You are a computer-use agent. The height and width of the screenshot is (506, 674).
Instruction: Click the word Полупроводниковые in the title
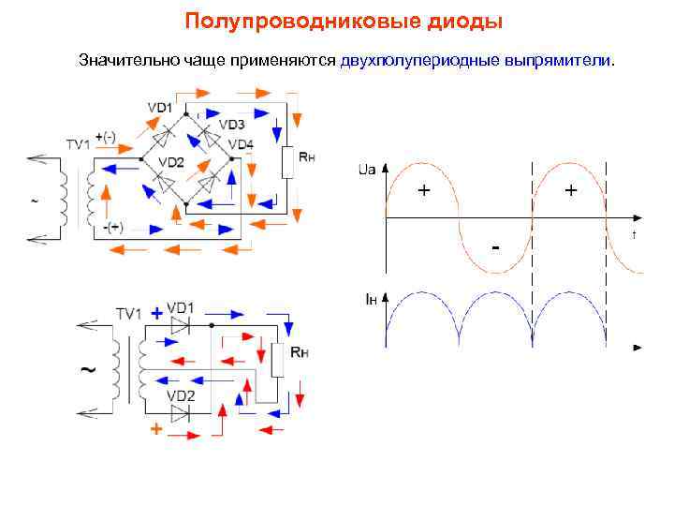click(x=274, y=21)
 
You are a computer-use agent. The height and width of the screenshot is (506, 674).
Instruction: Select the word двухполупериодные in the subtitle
click(x=420, y=61)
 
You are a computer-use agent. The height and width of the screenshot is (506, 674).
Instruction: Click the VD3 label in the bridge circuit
click(x=231, y=125)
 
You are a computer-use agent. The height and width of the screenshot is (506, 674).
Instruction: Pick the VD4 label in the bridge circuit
click(x=241, y=144)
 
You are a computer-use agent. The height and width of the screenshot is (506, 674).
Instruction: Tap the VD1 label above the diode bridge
click(x=160, y=108)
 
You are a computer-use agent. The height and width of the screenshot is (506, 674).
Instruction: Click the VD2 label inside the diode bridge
click(x=171, y=162)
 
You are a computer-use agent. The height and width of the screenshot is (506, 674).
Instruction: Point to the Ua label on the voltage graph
click(x=367, y=170)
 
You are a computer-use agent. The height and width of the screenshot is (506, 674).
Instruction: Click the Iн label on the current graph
click(x=371, y=299)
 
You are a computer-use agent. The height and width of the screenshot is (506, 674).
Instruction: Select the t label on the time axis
click(x=634, y=234)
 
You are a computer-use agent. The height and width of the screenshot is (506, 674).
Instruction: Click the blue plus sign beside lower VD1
click(x=155, y=316)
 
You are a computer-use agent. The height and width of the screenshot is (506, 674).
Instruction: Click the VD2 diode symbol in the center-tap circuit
click(x=181, y=410)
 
